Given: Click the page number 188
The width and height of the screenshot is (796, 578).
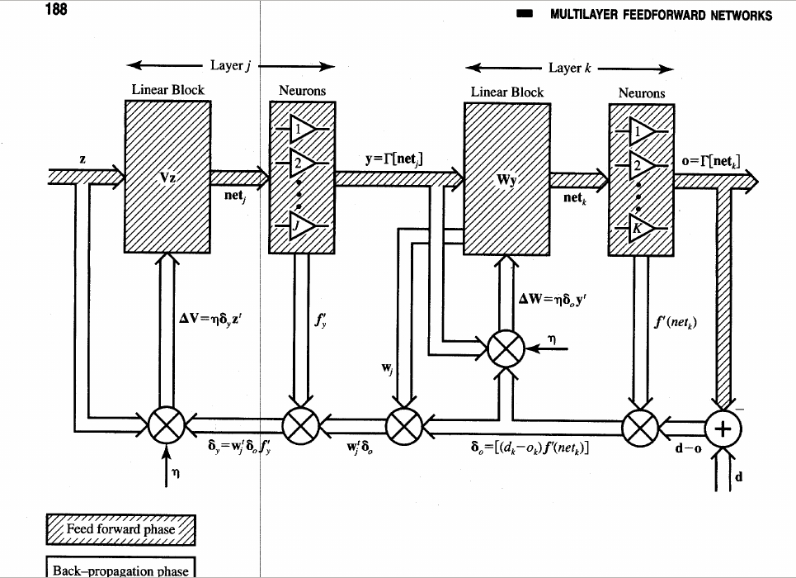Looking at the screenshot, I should pos(57,11).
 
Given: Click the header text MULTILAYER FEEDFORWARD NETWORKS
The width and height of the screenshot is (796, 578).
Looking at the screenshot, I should pos(661,16).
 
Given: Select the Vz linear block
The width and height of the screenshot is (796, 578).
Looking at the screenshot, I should pos(167,177).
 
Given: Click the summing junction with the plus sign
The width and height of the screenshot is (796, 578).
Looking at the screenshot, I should pos(723,427).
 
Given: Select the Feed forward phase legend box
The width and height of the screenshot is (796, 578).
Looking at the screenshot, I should pos(120,529).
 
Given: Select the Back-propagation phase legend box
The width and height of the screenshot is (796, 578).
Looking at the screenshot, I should pos(120,569).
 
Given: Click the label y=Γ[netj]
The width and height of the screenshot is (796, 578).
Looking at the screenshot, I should pos(394,159).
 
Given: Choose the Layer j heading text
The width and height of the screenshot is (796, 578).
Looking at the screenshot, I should pos(232,66).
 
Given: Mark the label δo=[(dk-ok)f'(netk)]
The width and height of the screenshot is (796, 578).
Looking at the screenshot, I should pos(529,449).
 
